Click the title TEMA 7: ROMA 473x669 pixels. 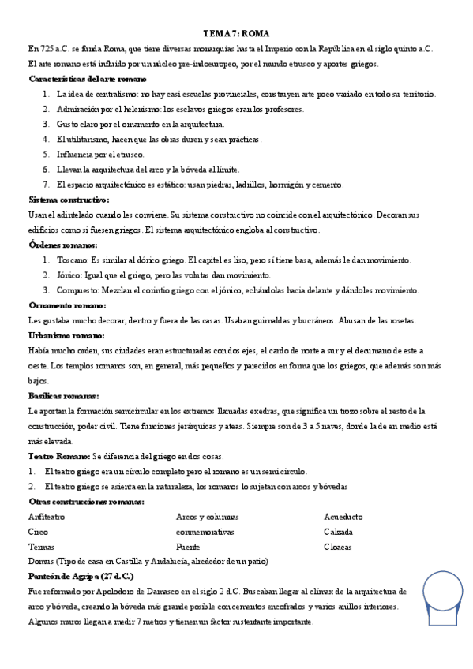point(236,34)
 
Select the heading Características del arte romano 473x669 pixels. point(87,79)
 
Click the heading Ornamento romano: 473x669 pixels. point(67,305)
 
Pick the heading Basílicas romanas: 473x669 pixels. point(63,395)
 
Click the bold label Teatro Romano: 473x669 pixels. point(59,456)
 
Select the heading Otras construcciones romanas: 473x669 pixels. point(86,501)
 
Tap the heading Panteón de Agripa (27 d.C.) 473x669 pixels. point(81,576)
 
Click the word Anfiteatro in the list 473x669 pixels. point(46,516)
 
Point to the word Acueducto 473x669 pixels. point(343,516)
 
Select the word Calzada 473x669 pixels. point(339,531)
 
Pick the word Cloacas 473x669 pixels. point(339,546)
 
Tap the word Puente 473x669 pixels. point(189,546)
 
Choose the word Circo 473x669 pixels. point(38,531)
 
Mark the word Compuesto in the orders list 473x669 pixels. point(77,290)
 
